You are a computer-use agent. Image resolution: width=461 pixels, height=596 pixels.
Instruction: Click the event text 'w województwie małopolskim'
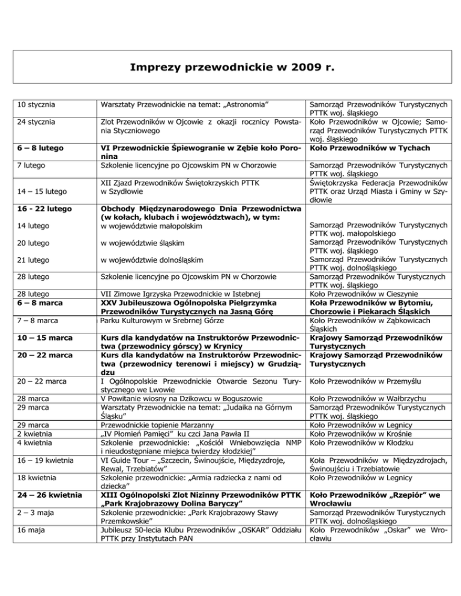[x=151, y=225]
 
